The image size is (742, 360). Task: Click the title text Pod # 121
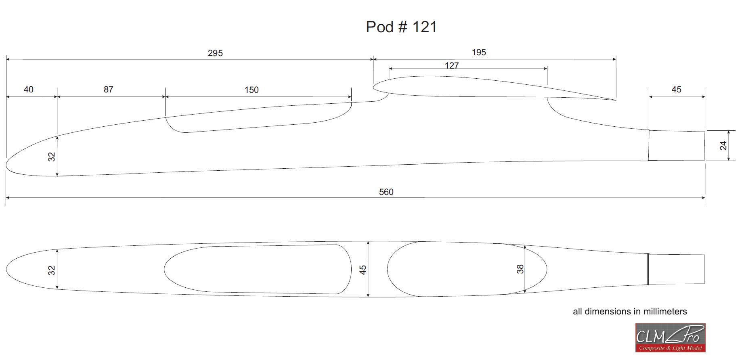click(401, 27)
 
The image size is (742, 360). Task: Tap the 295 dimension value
click(215, 53)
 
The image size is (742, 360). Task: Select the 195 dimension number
click(479, 52)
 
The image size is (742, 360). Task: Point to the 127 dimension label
click(452, 65)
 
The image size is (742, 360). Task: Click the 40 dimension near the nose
click(29, 89)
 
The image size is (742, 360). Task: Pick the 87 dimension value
click(109, 89)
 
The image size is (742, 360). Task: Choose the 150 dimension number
click(252, 90)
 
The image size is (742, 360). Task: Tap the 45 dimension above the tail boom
click(677, 89)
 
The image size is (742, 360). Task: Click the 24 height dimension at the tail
click(723, 146)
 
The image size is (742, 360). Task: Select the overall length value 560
click(386, 192)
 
